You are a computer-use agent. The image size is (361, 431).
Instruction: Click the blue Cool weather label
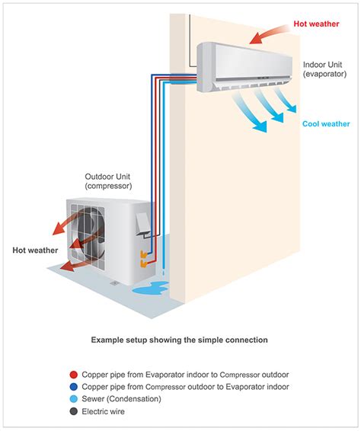324,123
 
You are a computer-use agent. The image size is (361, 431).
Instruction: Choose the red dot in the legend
72,375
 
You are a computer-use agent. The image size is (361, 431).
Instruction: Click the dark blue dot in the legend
72,388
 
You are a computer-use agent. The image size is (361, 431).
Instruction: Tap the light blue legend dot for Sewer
72,400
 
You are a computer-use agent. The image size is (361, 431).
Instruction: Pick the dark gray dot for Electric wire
72,412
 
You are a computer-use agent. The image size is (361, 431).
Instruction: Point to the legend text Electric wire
107,412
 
